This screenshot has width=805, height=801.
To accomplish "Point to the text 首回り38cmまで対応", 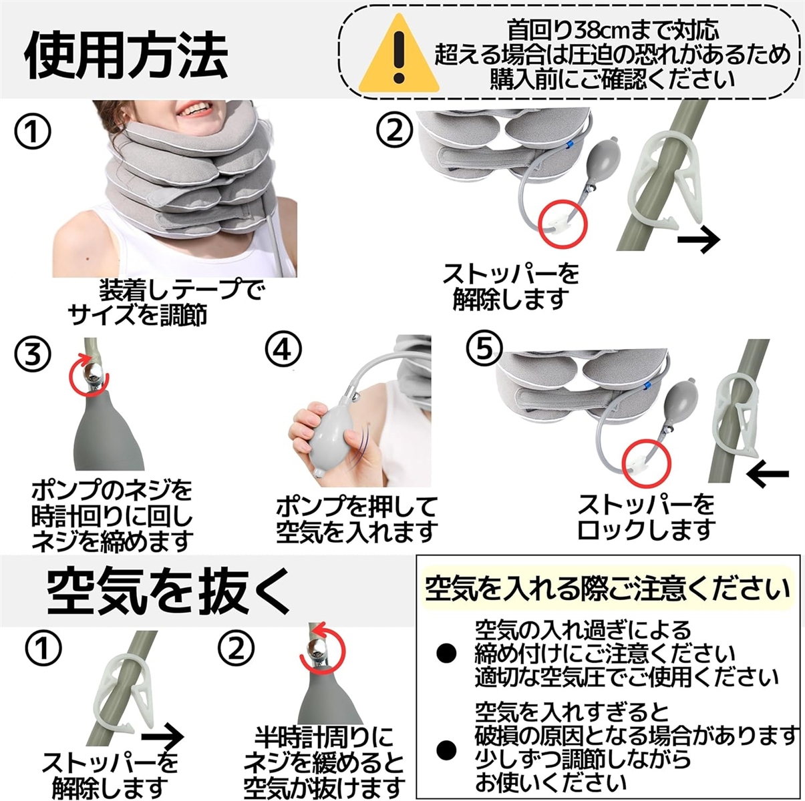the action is (x=613, y=29).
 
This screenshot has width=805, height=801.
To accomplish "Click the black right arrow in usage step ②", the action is (x=699, y=240).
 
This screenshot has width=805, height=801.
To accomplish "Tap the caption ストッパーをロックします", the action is (x=645, y=517).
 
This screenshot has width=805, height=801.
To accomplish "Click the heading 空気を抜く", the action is (x=168, y=593).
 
